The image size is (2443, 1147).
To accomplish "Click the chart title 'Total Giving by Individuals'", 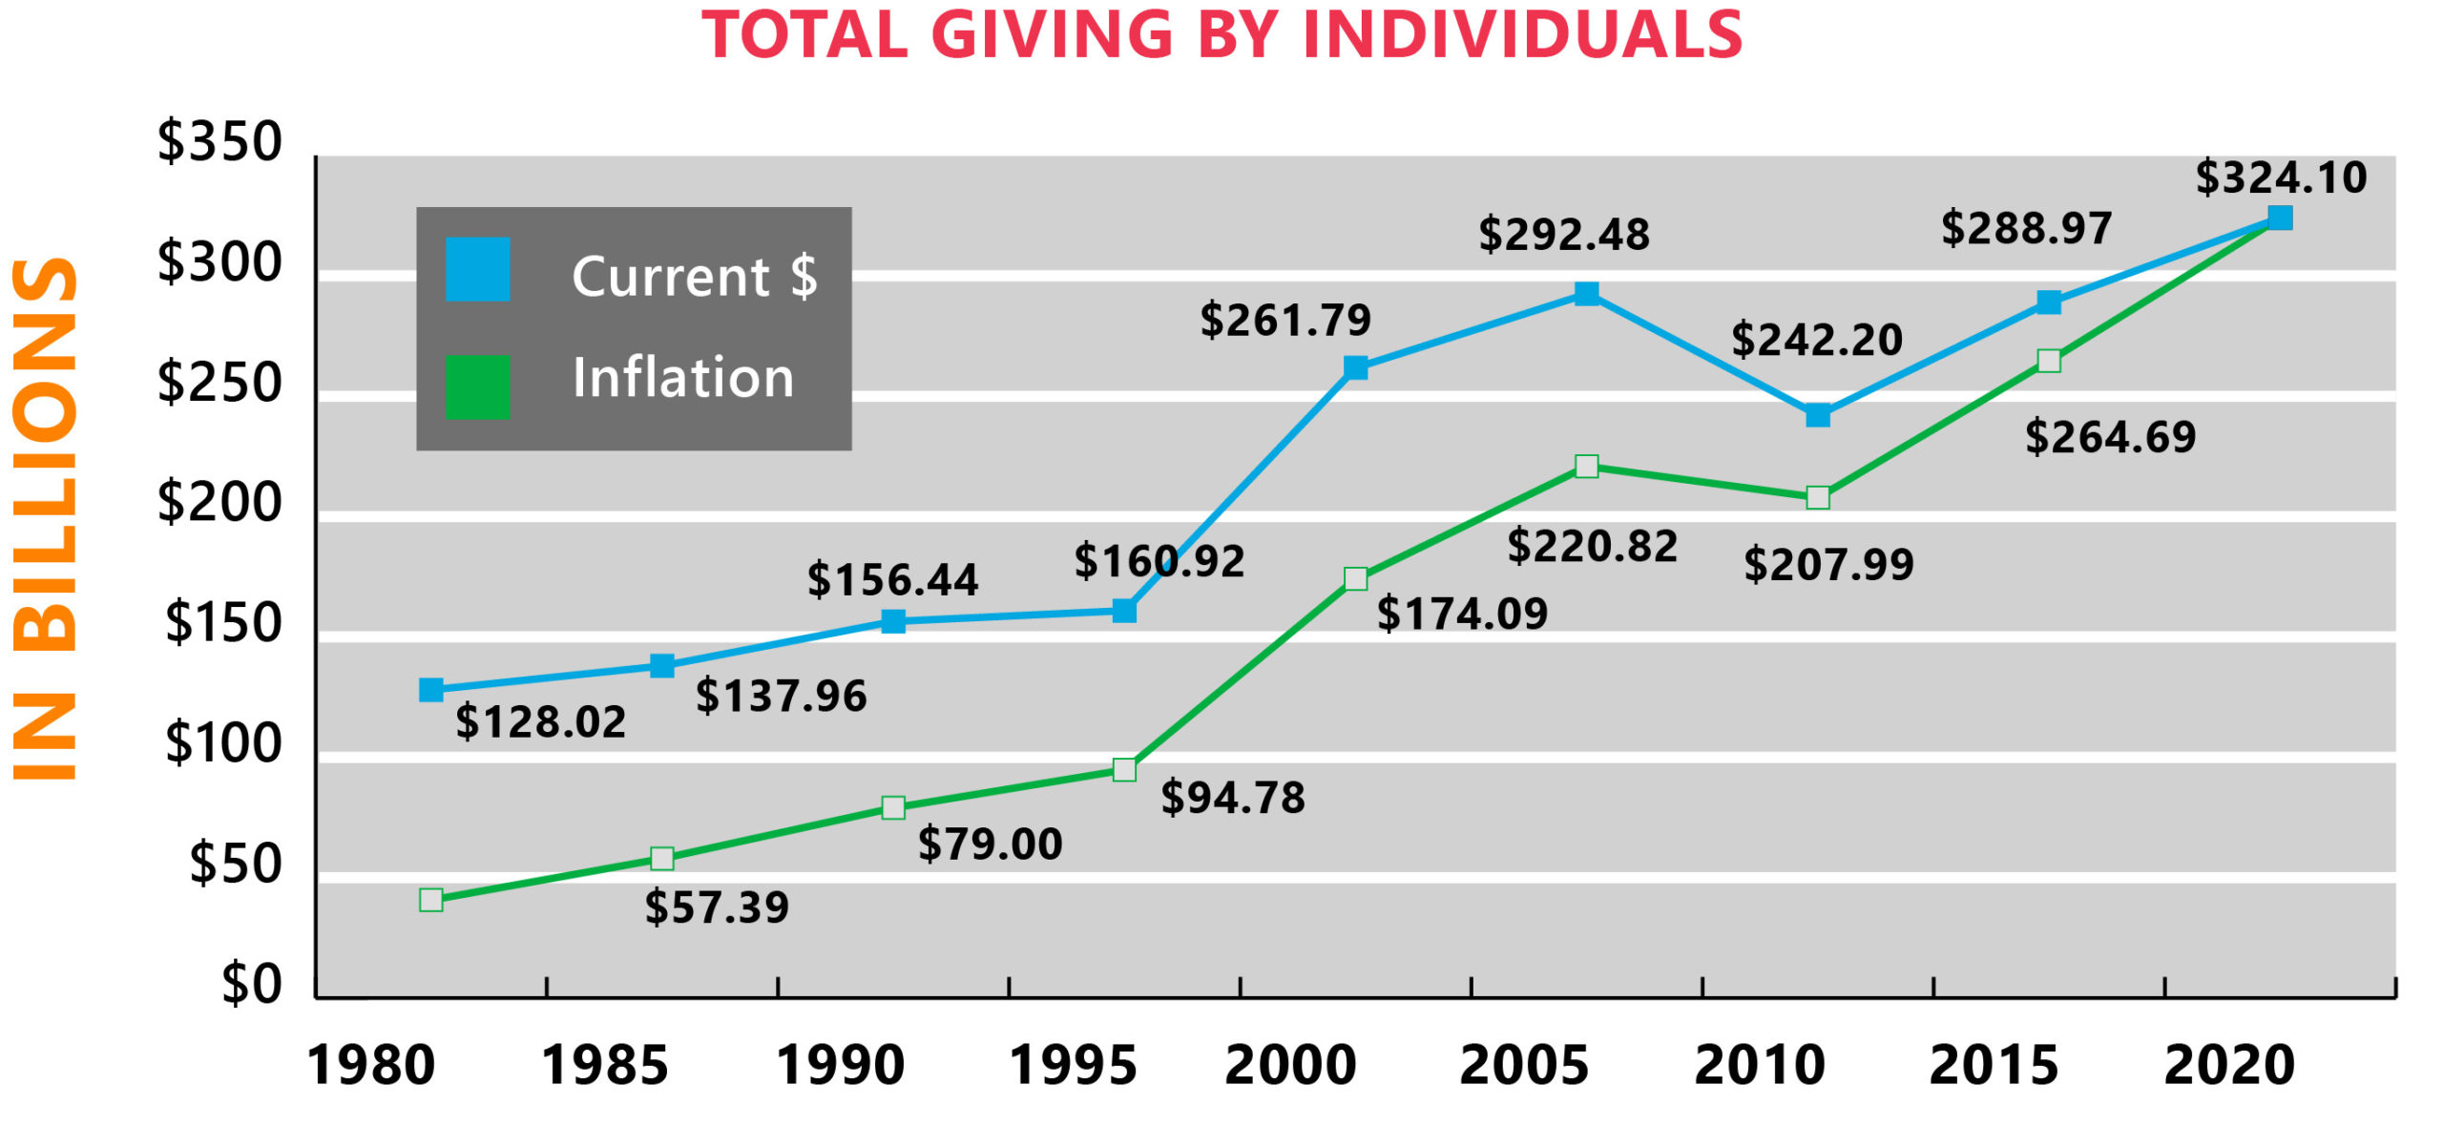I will (x=1221, y=34).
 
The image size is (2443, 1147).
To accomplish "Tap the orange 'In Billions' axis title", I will (x=45, y=520).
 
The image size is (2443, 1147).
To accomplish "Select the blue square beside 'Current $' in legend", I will (x=477, y=270).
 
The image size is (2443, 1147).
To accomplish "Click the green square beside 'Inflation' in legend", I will (x=477, y=386).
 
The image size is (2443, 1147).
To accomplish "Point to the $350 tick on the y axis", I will (x=219, y=141).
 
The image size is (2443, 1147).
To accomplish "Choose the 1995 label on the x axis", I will (x=1073, y=1065).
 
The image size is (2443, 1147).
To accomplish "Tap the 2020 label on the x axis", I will (x=2229, y=1065).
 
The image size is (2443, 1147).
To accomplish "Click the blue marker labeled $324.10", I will (x=2279, y=219).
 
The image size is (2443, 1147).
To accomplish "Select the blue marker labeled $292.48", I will (x=1586, y=293).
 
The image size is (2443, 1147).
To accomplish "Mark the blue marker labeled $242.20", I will (x=1818, y=415).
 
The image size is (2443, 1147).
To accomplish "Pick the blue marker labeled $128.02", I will (x=431, y=690).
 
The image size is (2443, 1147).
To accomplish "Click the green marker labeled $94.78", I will (x=1124, y=770).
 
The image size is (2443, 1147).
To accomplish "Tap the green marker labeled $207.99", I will (x=1818, y=498).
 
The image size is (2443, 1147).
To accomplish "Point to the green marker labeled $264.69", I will (x=2048, y=361).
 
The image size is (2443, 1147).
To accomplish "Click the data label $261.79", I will (x=1285, y=320).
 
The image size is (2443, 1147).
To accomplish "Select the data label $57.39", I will (x=717, y=907).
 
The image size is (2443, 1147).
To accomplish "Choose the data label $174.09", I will (x=1462, y=614).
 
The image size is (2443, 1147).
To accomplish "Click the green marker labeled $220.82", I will (x=1586, y=467).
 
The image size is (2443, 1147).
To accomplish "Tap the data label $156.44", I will (x=892, y=580).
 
